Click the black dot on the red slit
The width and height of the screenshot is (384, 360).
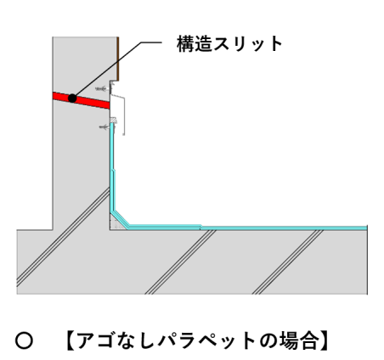(72, 98)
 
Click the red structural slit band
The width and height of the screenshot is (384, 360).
(82, 100)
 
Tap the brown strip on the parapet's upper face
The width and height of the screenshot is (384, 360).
(118, 59)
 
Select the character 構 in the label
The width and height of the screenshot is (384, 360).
(185, 44)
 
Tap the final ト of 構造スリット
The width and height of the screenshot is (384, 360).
(275, 44)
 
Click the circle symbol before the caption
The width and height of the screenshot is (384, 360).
(24, 340)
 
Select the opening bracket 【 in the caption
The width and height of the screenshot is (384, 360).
(70, 340)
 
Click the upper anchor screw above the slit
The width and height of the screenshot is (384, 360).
(102, 89)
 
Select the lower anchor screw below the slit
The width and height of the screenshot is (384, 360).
(104, 127)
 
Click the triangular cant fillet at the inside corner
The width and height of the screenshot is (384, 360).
(116, 223)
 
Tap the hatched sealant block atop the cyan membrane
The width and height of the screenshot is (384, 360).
(114, 121)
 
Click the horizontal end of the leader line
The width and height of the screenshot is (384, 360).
(151, 42)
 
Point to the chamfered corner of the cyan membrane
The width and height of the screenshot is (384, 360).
(121, 219)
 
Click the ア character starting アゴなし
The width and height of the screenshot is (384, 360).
(86, 341)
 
